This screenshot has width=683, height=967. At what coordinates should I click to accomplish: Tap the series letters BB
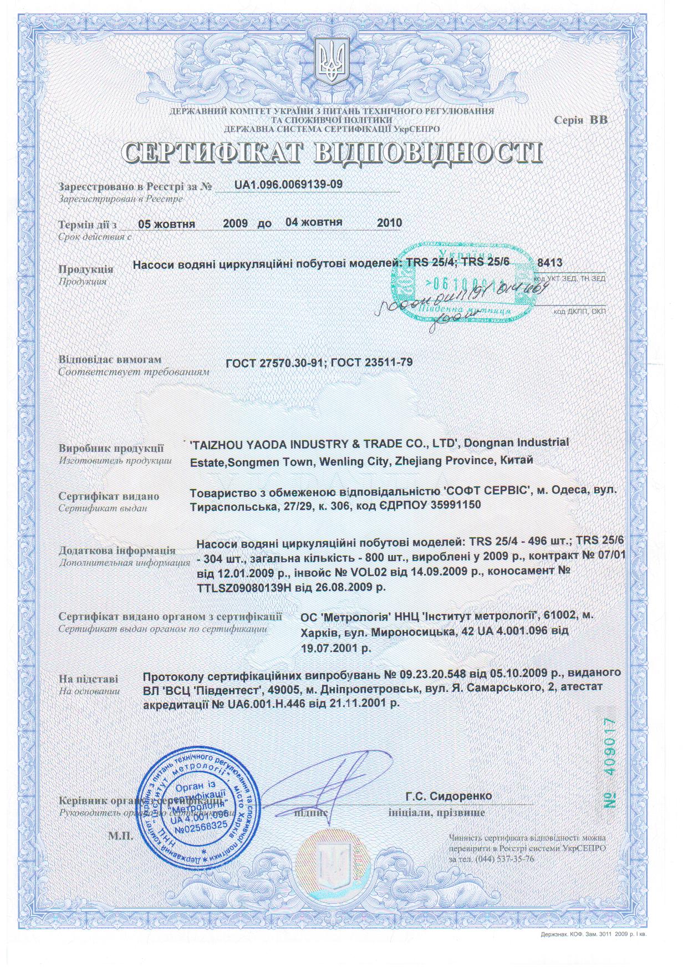point(598,119)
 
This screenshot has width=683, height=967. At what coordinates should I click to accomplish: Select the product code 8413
point(551,263)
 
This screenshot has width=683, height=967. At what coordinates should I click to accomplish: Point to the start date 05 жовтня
point(166,224)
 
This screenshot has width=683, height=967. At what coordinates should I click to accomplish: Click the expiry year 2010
point(389,223)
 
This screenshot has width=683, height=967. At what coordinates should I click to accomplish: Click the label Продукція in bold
point(86,269)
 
